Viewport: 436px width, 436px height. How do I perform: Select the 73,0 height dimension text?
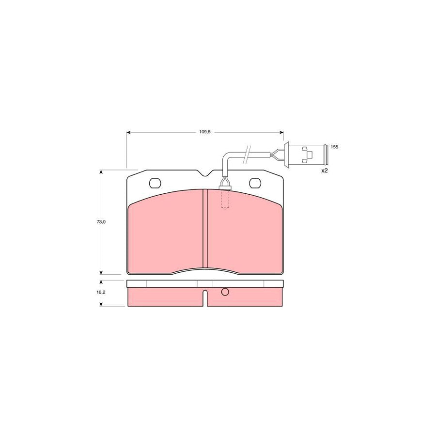click(101, 221)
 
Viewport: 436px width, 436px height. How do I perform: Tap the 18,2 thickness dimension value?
click(101, 293)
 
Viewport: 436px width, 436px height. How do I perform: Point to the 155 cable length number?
click(334, 146)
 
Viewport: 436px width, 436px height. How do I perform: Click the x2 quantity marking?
click(325, 171)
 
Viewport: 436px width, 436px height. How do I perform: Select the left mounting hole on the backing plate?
click(155, 183)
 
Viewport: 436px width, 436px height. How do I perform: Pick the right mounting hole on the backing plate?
click(255, 183)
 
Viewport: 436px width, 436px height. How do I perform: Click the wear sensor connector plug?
click(306, 155)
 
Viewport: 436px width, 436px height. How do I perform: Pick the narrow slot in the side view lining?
click(205, 297)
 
